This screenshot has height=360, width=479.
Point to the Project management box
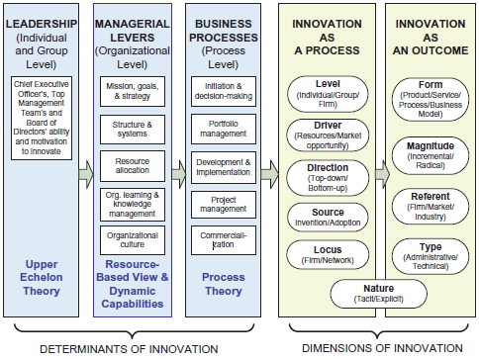pos(223,204)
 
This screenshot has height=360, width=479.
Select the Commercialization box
pos(223,238)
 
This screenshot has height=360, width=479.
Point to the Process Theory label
pos(224,286)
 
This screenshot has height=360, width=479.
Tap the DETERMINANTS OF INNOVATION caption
pos(137,349)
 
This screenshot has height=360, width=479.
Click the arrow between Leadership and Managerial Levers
pos(87,174)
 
